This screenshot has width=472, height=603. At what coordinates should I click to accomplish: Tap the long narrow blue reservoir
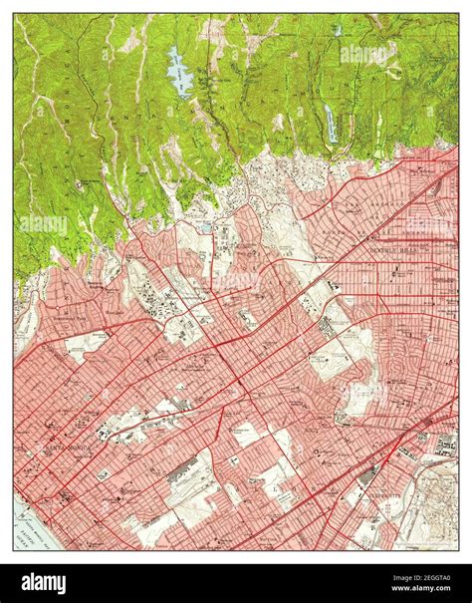tap(330, 123)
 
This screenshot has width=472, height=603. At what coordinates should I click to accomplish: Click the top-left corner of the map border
tap(14, 13)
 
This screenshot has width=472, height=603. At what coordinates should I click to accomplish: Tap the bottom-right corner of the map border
tap(458, 551)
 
